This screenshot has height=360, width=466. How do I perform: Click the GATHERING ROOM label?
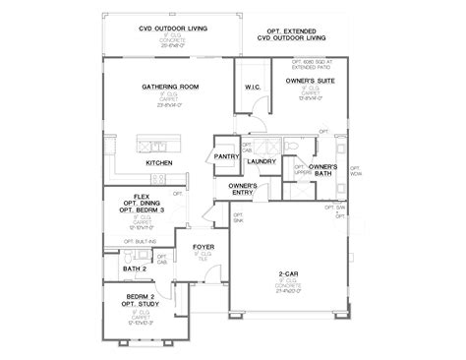click(169, 87)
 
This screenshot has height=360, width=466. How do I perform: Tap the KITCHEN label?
click(160, 162)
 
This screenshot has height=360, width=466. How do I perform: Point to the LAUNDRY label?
click(261, 160)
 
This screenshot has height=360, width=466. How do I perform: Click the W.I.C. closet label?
click(251, 87)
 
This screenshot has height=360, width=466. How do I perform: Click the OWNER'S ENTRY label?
click(243, 189)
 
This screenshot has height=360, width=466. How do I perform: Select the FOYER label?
click(203, 248)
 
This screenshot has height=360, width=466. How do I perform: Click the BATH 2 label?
click(135, 268)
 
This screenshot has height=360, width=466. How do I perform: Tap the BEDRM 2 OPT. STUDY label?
click(142, 300)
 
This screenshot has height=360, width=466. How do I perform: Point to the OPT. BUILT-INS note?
click(141, 241)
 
